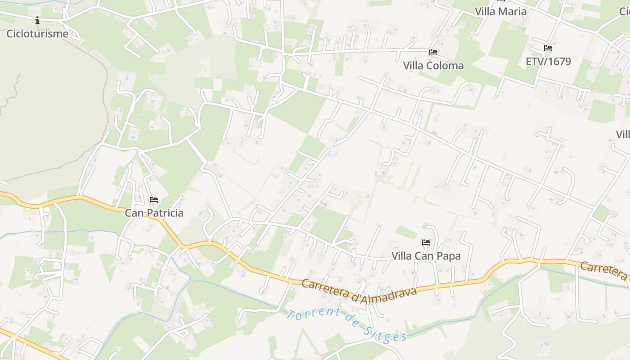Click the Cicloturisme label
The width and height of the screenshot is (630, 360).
click(37, 34)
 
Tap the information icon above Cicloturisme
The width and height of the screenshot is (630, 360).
click(37, 20)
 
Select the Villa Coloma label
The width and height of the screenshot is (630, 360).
click(433, 66)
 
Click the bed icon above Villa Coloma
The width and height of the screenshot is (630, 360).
click(433, 52)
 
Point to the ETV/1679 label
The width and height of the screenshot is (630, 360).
click(548, 62)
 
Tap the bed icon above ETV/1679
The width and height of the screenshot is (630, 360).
click(548, 48)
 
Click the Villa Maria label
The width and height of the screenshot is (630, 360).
click(500, 12)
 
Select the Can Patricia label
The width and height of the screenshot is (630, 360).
click(154, 213)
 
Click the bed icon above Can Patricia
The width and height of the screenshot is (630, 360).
click(154, 199)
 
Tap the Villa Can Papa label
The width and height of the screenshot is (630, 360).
click(426, 256)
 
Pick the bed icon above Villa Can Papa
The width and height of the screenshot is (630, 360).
click(426, 243)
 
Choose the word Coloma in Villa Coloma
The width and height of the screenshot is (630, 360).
click(445, 66)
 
